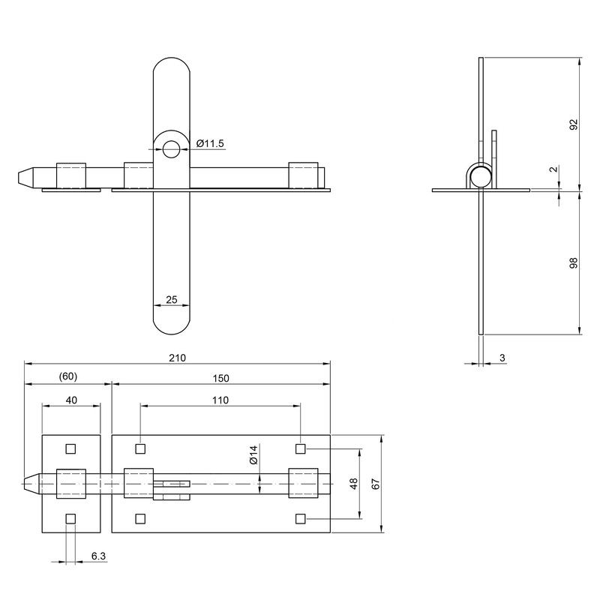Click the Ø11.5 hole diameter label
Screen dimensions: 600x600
coord(210,143)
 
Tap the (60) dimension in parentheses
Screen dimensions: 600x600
coord(68,377)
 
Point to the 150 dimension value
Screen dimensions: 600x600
coord(220,377)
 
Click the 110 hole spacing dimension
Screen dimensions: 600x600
coord(220,400)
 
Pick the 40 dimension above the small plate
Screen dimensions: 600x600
coord(71,400)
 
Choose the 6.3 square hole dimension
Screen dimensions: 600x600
coord(98,557)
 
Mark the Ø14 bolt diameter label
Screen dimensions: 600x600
coord(253,454)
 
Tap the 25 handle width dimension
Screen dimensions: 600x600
coord(171,300)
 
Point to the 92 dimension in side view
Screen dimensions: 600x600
coord(574,124)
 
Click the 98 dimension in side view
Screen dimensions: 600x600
coord(574,262)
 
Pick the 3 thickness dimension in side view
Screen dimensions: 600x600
coord(502,358)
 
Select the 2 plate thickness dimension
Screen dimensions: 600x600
coord(553,170)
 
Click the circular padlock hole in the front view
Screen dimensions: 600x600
coord(172,148)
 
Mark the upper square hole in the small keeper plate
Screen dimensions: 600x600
coord(71,449)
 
